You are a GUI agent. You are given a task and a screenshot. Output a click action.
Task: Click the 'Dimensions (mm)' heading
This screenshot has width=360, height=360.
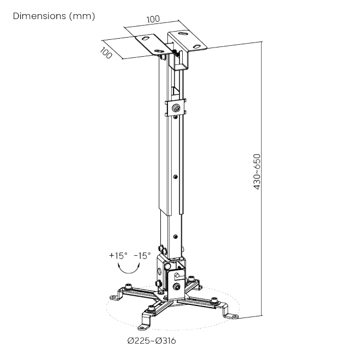[53, 16]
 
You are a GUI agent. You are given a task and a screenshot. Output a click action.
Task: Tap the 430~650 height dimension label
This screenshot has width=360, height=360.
[257, 172]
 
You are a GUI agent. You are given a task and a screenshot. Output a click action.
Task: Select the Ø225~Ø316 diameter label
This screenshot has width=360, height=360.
[152, 340]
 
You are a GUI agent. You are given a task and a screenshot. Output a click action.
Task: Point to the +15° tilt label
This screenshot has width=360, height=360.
[118, 255]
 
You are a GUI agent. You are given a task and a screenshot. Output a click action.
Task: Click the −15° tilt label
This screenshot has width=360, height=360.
[142, 255]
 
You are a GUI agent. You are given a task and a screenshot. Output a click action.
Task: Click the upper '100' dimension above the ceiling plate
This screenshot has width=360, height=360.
[153, 19]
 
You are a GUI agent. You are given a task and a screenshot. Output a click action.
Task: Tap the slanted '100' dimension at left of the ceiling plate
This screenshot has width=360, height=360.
[106, 53]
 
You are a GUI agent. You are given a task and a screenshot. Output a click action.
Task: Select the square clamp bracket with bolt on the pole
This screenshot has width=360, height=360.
[176, 107]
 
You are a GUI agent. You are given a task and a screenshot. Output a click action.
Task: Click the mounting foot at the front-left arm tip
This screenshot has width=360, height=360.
[144, 327]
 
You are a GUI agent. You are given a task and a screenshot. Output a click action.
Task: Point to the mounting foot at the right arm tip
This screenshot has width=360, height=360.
[231, 316]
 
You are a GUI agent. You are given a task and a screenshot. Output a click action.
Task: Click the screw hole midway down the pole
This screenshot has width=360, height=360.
[176, 177]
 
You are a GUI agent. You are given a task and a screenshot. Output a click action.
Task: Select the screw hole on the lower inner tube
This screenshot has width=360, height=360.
[176, 237]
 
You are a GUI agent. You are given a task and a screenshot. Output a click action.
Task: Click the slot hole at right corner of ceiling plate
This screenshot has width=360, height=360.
[196, 46]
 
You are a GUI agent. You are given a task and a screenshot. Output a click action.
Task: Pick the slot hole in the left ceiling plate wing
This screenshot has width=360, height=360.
[145, 38]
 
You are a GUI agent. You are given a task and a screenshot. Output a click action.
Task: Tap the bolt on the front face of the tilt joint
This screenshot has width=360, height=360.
[177, 286]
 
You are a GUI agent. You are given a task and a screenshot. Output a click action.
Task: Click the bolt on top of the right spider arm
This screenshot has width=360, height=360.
[214, 300]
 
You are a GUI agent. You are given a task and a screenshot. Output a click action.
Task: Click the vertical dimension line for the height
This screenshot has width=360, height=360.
[262, 178]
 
